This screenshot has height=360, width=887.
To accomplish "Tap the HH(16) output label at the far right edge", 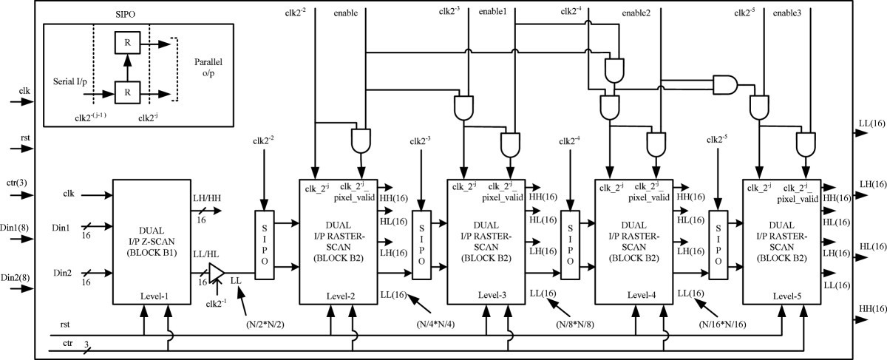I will pyautogui.click(x=871, y=306).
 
